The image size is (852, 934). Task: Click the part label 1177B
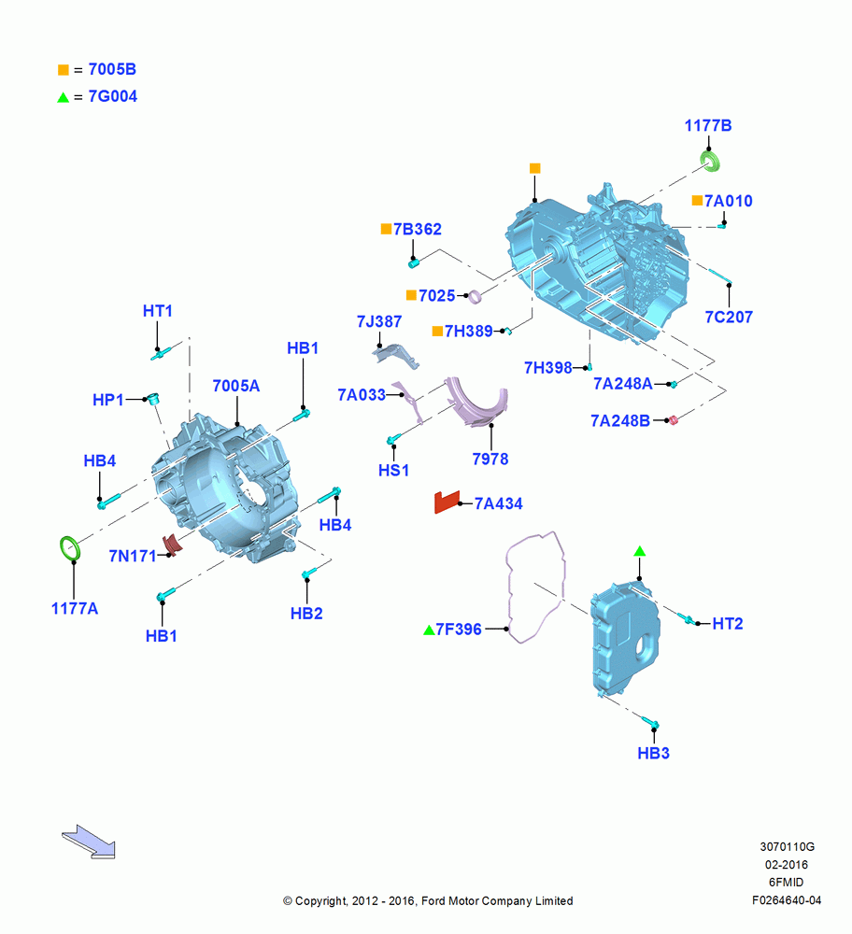(708, 126)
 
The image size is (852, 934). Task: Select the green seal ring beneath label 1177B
(710, 161)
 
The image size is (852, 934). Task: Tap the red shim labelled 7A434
(447, 502)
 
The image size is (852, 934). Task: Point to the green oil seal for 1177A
(70, 548)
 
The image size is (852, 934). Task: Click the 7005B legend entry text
(112, 69)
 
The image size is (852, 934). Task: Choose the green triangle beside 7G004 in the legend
(64, 97)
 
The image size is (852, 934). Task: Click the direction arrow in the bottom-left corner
(89, 842)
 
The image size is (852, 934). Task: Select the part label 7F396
(458, 629)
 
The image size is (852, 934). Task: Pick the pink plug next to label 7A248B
(674, 420)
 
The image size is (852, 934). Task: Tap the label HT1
(157, 311)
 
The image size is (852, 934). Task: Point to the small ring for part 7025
(475, 296)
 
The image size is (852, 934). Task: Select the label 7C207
(729, 317)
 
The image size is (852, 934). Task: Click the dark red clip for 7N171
(172, 544)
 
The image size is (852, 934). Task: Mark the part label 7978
(490, 460)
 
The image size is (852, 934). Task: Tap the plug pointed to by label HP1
(154, 399)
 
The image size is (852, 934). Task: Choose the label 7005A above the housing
(236, 386)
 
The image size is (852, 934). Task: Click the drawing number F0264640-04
(787, 900)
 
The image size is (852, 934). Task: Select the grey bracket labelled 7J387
(395, 355)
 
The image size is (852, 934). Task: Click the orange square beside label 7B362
(386, 229)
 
